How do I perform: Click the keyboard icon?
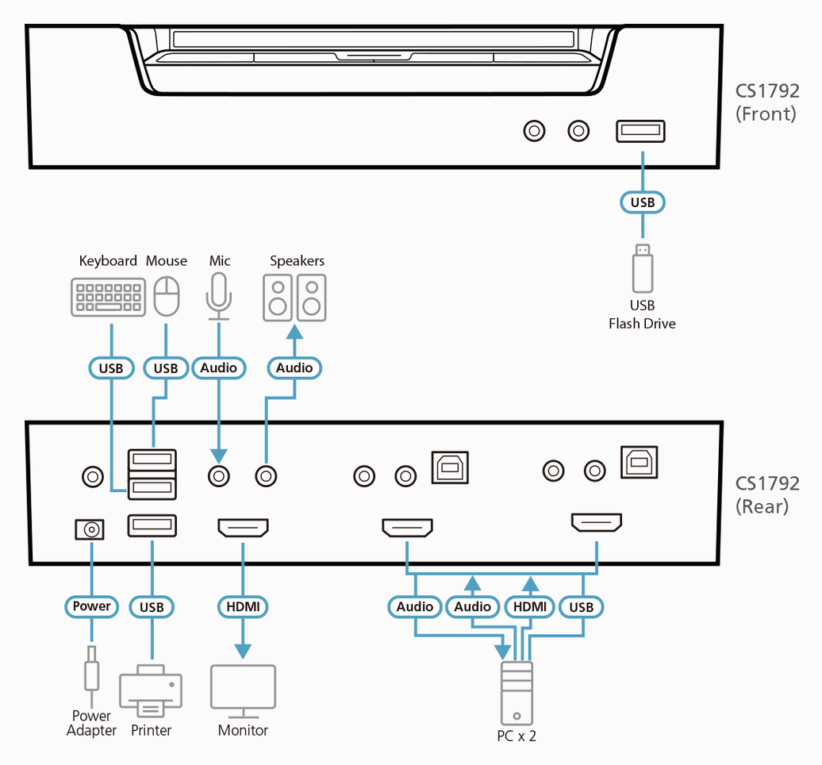click(108, 297)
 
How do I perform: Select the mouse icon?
click(166, 297)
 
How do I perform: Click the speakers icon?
click(294, 298)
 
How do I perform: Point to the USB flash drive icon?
click(643, 268)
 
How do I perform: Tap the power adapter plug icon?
click(92, 668)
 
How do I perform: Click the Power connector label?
click(92, 606)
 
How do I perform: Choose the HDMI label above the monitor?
click(243, 607)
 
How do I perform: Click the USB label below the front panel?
click(643, 202)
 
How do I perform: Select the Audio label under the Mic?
click(218, 367)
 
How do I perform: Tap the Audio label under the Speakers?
click(294, 367)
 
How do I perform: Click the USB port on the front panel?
click(640, 131)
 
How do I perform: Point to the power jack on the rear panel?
click(89, 529)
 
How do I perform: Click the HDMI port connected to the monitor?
click(243, 527)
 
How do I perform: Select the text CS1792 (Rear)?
click(766, 494)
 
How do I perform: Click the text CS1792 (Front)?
click(766, 102)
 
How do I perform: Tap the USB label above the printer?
click(151, 607)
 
